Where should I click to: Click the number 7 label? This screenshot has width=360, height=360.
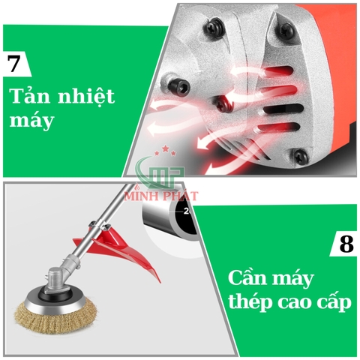(x=13, y=63)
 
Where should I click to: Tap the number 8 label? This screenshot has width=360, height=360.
(x=346, y=243)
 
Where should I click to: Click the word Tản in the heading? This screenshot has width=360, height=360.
(x=29, y=95)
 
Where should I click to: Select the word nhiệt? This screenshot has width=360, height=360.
(x=86, y=96)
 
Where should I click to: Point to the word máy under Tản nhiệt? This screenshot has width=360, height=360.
(x=31, y=121)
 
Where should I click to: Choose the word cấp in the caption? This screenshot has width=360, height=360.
(x=334, y=301)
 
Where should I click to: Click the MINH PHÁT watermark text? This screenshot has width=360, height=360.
(x=161, y=196)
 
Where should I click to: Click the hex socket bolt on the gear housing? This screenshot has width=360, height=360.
(x=180, y=86)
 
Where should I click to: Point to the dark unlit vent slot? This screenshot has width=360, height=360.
(x=283, y=109)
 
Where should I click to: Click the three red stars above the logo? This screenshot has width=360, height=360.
(x=165, y=151)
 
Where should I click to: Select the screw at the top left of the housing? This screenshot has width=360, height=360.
(x=214, y=28)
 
